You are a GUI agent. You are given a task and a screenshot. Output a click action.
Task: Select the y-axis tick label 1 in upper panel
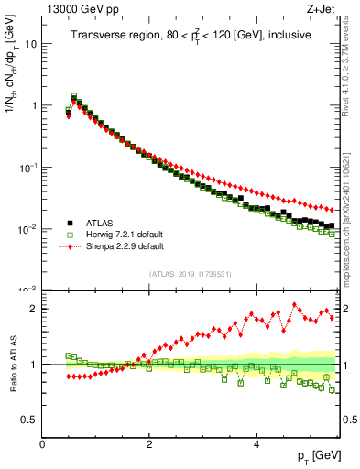pos(33,105)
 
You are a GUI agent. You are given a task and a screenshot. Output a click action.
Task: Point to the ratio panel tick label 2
pos(33,309)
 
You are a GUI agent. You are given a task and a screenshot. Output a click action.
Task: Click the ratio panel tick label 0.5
pos(28,420)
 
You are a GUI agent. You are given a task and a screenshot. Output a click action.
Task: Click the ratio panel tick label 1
pos(33,365)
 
